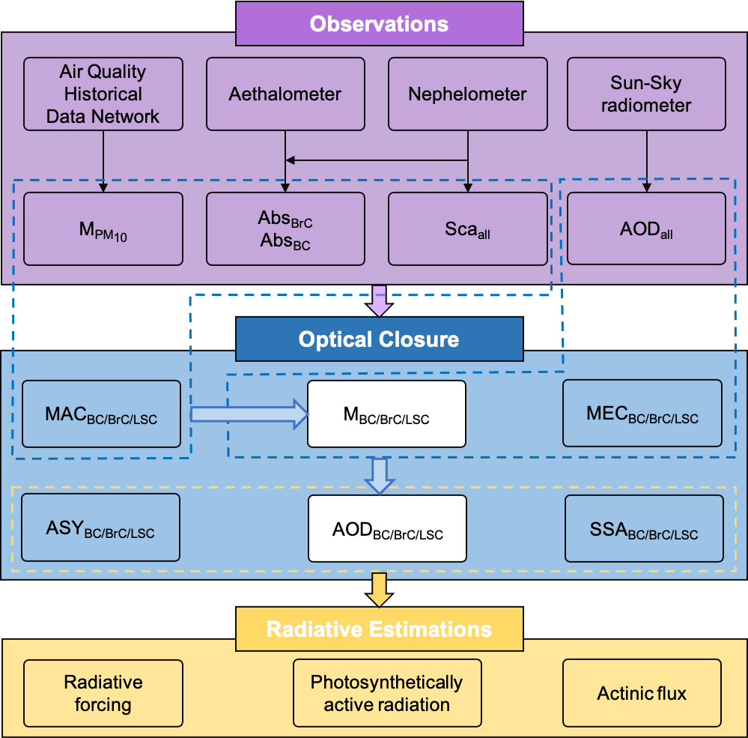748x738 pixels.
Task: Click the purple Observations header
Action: click(379, 23)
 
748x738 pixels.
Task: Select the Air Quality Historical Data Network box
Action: click(103, 94)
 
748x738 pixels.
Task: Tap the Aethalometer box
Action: click(285, 94)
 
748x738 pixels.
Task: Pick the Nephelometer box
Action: click(467, 94)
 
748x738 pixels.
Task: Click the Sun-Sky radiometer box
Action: click(646, 94)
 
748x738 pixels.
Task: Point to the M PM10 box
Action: click(103, 229)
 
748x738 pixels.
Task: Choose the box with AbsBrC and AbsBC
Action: click(285, 229)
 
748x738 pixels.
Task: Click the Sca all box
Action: click(467, 229)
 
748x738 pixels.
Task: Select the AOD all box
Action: click(646, 229)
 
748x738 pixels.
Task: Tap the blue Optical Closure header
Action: click(379, 339)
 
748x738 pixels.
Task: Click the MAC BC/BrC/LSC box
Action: click(101, 414)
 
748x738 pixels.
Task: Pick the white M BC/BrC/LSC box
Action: click(386, 414)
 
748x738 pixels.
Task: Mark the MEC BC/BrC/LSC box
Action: click(642, 414)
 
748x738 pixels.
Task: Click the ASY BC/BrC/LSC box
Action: click(101, 527)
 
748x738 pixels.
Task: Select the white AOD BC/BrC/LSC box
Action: click(387, 528)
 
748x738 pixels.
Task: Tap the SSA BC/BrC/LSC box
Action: click(644, 528)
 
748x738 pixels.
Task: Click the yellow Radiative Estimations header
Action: click(379, 629)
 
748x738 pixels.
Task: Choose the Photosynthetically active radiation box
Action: click(386, 693)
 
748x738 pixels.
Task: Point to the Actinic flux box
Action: click(642, 693)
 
